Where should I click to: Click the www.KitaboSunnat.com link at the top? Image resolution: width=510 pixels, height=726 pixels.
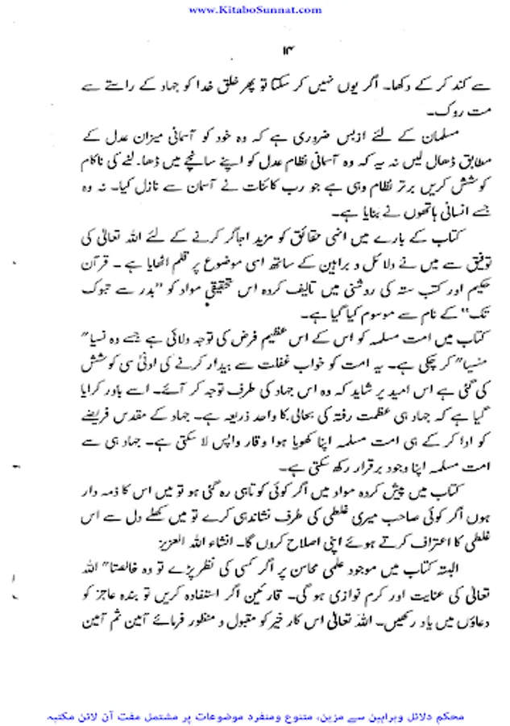click(254, 9)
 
